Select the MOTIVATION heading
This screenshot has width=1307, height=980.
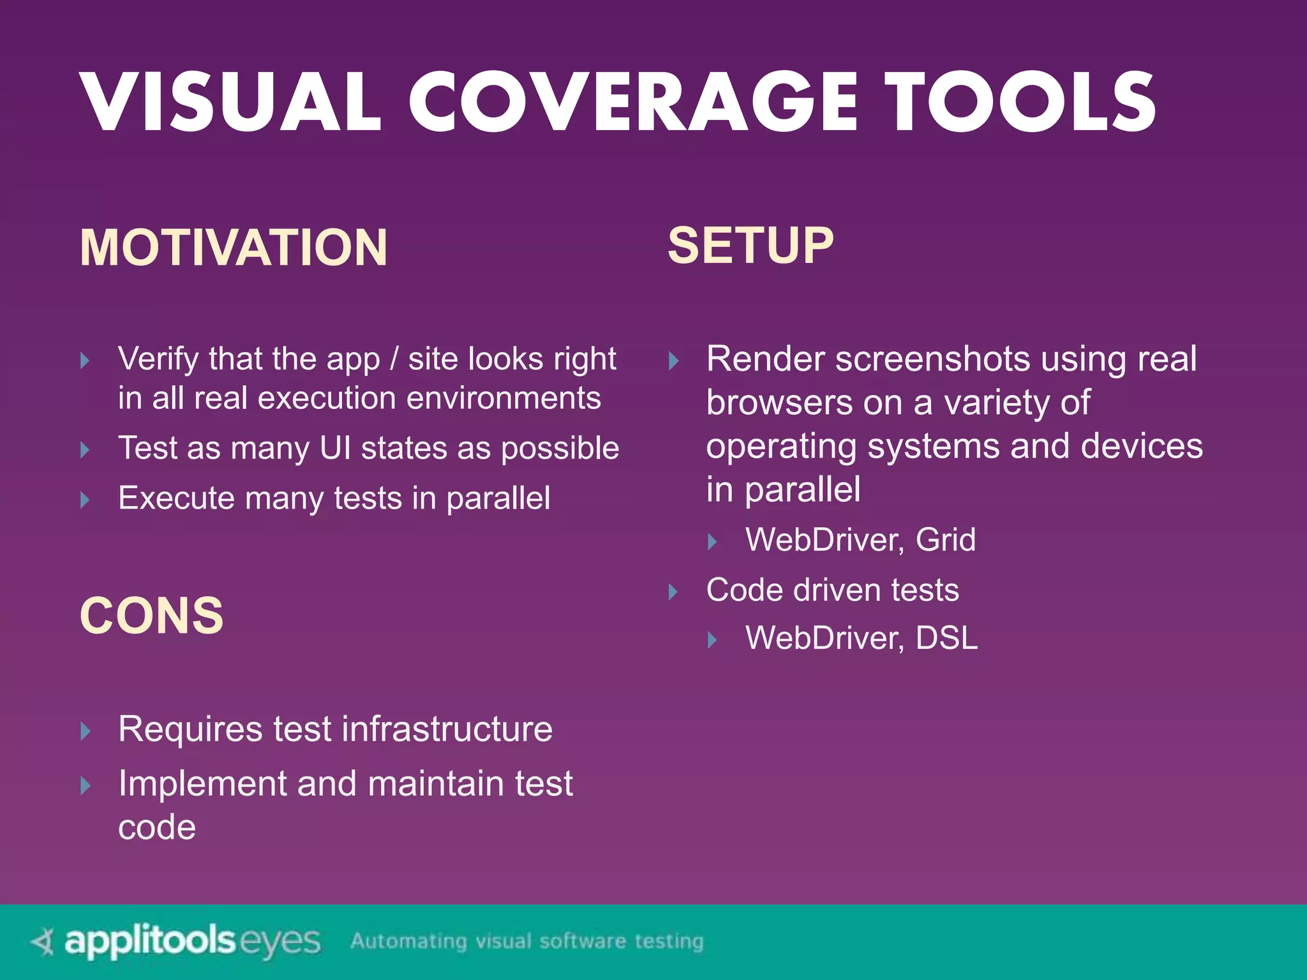(234, 248)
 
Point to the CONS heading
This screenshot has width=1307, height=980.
(152, 616)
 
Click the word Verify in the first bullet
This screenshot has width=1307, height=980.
(159, 359)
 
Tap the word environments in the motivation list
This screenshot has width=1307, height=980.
(504, 398)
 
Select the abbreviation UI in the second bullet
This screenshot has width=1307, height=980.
(336, 448)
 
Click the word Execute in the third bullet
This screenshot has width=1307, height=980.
(176, 498)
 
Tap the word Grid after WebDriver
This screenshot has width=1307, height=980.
(945, 540)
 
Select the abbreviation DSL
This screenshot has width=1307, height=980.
(946, 638)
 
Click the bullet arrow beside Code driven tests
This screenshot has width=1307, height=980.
(673, 591)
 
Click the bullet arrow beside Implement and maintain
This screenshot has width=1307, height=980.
(86, 785)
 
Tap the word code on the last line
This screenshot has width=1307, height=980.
(157, 828)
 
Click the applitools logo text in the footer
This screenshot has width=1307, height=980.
(151, 941)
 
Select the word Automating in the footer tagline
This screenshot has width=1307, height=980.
(408, 941)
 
